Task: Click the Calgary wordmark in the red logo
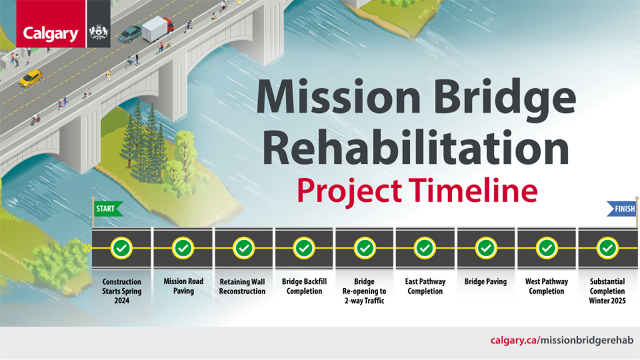[x=51, y=34]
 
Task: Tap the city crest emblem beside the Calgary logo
[x=99, y=32]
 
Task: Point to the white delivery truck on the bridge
[x=157, y=29]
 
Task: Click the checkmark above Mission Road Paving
[x=183, y=248]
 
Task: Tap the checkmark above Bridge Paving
[x=486, y=248]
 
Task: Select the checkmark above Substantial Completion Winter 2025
[x=607, y=248]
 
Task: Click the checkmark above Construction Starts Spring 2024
[x=122, y=248]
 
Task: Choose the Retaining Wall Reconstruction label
[x=242, y=287]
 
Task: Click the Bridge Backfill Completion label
[x=304, y=287]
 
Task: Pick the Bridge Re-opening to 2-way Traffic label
[x=364, y=291]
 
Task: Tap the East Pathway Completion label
[x=425, y=287]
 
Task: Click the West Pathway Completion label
[x=546, y=287]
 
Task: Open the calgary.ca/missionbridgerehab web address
[x=562, y=341]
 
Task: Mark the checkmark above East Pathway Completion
[x=425, y=248]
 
